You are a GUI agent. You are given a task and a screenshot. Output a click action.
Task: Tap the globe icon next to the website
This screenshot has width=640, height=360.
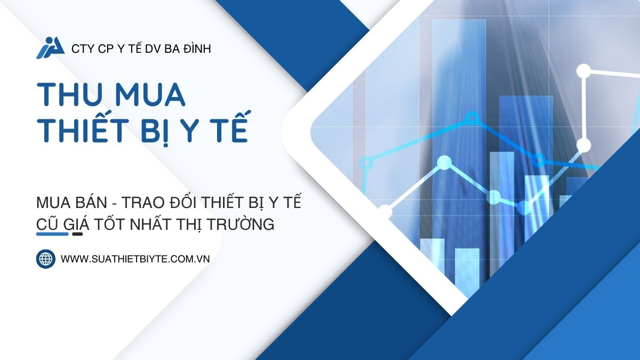click(x=46, y=259)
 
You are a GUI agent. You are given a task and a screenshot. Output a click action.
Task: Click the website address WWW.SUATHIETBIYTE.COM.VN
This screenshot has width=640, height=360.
click(x=135, y=259)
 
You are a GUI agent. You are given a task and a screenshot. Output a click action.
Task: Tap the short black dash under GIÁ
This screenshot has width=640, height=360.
click(x=77, y=234)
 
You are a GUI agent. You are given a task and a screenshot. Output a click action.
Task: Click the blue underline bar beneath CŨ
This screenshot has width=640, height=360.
click(x=52, y=234)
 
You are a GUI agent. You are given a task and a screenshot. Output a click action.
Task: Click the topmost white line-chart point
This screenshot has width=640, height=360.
click(x=584, y=70)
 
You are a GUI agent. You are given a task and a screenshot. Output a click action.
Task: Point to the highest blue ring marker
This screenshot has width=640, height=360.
click(x=471, y=117)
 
